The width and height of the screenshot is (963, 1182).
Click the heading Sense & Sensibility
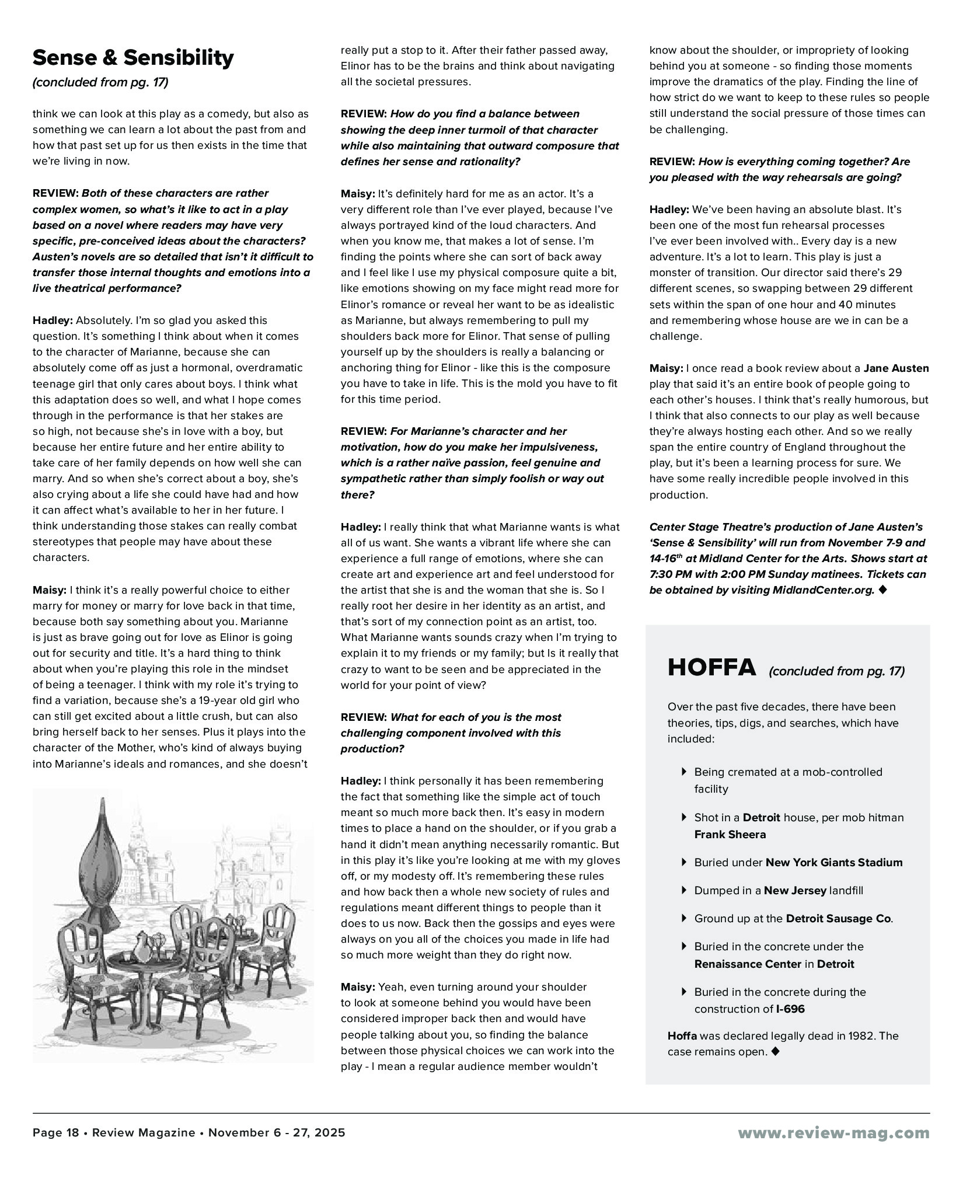pyautogui.click(x=133, y=58)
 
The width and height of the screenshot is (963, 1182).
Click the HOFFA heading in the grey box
pyautogui.click(x=711, y=668)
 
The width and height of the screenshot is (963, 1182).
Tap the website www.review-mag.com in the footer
pyautogui.click(x=833, y=1133)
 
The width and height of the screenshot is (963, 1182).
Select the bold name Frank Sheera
pyautogui.click(x=730, y=835)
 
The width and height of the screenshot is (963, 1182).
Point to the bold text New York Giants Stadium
pyautogui.click(x=833, y=863)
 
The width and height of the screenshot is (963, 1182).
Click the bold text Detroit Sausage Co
pyautogui.click(x=839, y=919)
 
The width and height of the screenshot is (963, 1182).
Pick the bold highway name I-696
pyautogui.click(x=790, y=1009)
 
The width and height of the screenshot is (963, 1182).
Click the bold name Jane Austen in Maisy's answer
pyautogui.click(x=896, y=368)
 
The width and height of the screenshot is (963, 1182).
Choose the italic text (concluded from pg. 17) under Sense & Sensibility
pyautogui.click(x=100, y=82)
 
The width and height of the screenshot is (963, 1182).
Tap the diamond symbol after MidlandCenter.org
pyautogui.click(x=882, y=590)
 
